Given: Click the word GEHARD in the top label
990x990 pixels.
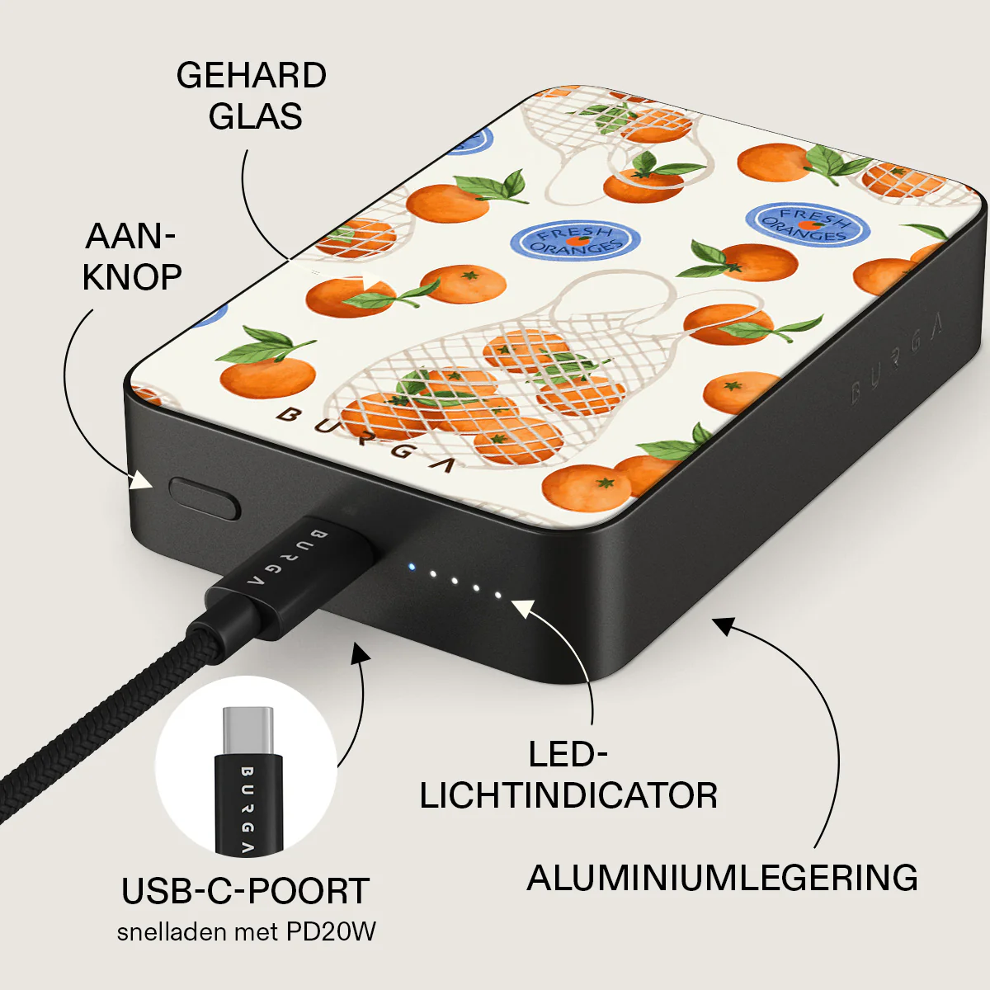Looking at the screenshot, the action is (x=252, y=76).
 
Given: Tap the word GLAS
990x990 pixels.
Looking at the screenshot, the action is (x=255, y=116).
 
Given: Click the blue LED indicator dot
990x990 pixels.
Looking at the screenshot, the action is (x=411, y=568).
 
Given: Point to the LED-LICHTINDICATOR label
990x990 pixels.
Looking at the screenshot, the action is (x=568, y=775).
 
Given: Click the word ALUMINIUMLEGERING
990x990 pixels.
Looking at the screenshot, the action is (x=722, y=878).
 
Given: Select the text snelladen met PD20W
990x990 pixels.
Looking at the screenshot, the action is (x=246, y=932).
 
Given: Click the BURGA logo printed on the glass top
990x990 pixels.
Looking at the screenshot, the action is (x=365, y=440).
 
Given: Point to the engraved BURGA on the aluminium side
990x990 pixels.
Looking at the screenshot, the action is (x=897, y=360).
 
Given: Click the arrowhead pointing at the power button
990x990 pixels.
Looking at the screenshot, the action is (x=140, y=480).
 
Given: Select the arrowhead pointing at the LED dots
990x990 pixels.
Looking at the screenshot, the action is (x=524, y=608).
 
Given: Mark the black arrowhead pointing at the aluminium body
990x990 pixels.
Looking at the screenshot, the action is (x=723, y=625).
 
